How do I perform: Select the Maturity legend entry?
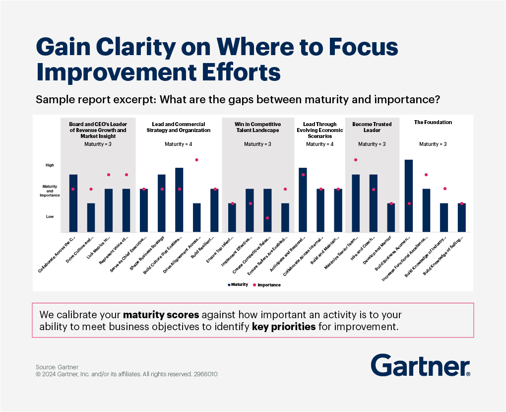(240, 285)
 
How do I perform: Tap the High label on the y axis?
(50, 165)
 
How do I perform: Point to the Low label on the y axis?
(50, 216)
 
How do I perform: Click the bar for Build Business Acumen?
(409, 196)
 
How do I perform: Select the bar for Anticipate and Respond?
(303, 200)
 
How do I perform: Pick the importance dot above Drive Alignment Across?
(196, 160)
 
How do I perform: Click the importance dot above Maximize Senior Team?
(356, 160)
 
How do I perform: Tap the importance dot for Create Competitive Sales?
(267, 218)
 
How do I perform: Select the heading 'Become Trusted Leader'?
(372, 127)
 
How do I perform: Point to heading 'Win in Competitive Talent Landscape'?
(258, 127)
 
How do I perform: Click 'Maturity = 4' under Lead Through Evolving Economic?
(320, 144)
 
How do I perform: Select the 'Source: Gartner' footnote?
(54, 367)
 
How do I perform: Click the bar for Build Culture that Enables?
(179, 200)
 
